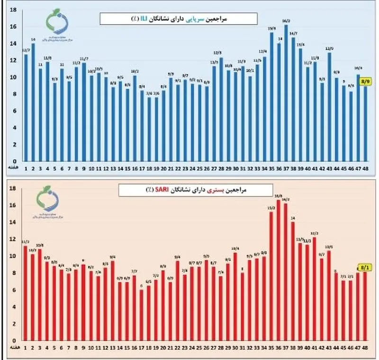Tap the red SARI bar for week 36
278,270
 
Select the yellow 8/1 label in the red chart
365,268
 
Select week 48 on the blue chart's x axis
365,168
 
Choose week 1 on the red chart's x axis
25,348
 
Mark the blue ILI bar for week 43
329,106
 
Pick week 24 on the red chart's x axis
192,348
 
